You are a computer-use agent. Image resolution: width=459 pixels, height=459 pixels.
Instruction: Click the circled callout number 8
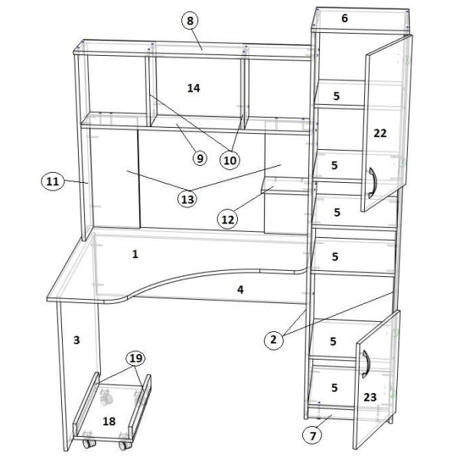190,21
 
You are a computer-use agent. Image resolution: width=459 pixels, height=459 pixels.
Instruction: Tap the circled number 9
200,158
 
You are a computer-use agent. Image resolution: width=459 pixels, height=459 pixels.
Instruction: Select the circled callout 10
229,160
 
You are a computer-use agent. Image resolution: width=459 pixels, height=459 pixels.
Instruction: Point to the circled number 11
52,181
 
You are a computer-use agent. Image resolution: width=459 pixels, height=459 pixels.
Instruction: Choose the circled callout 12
228,220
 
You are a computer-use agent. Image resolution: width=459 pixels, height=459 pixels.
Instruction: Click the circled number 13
187,199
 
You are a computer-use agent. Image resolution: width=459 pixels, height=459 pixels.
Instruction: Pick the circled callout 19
136,358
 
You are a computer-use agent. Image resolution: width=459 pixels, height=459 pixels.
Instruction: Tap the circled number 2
274,340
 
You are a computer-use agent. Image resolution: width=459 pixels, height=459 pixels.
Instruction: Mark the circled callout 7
313,435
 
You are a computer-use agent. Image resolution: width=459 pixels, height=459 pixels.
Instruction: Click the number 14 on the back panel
194,88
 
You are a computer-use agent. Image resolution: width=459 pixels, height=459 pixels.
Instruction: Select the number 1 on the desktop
135,254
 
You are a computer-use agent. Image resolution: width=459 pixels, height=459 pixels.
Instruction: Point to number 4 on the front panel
240,289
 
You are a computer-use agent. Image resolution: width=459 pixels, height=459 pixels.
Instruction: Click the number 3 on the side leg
76,340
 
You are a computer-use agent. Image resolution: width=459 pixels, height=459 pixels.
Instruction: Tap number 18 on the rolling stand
109,422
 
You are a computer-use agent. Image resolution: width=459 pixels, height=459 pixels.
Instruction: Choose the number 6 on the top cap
344,18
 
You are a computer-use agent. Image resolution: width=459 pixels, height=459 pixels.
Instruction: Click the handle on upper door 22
372,183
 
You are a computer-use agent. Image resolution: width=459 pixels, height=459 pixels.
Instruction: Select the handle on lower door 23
366,364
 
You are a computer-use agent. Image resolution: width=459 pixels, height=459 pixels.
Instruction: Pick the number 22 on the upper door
380,133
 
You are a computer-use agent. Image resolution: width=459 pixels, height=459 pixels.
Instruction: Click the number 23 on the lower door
370,397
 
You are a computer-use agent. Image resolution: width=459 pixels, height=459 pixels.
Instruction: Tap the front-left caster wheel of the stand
89,443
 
